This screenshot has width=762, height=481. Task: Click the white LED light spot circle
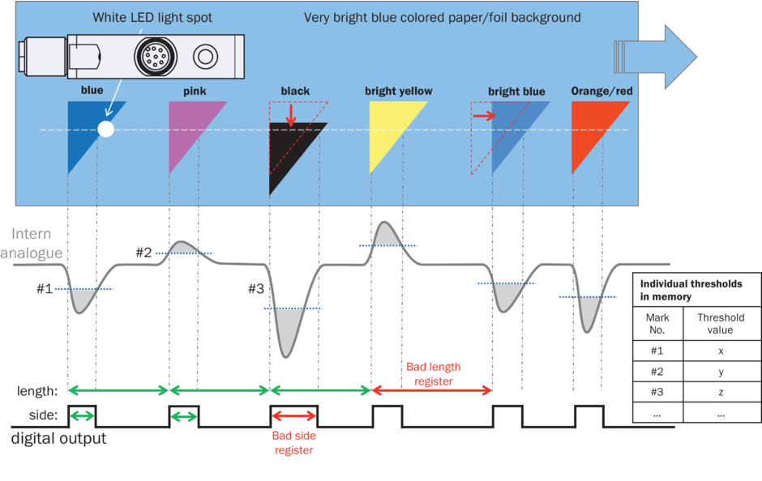tap(105, 129)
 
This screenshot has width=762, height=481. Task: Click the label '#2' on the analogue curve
tap(144, 252)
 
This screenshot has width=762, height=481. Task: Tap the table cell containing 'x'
tap(720, 351)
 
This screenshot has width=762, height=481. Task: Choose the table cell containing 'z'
tap(720, 392)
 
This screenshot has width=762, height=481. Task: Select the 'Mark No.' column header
tap(657, 324)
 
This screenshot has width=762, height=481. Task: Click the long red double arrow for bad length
tap(431, 390)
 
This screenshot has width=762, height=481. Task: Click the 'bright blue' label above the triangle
tap(516, 92)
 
